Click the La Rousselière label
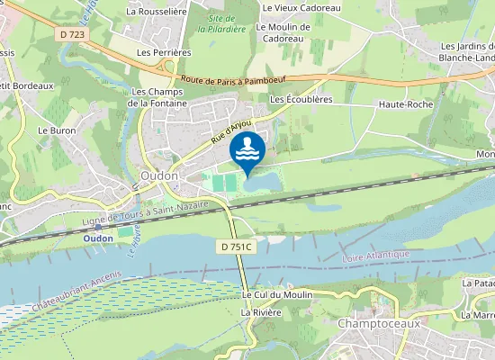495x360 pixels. pos(156,12)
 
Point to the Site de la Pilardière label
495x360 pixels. pos(226,23)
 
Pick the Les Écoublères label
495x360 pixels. pos(301,99)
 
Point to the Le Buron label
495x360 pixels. pos(56,130)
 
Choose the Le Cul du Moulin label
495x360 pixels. pos(275,294)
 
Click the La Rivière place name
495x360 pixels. pos(261,311)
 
